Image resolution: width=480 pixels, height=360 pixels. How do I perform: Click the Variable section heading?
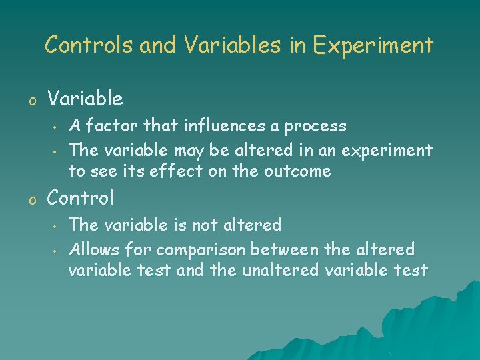(85, 99)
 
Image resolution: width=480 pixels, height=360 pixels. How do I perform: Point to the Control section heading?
(81, 198)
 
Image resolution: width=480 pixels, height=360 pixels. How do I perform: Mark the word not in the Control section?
(205, 225)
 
